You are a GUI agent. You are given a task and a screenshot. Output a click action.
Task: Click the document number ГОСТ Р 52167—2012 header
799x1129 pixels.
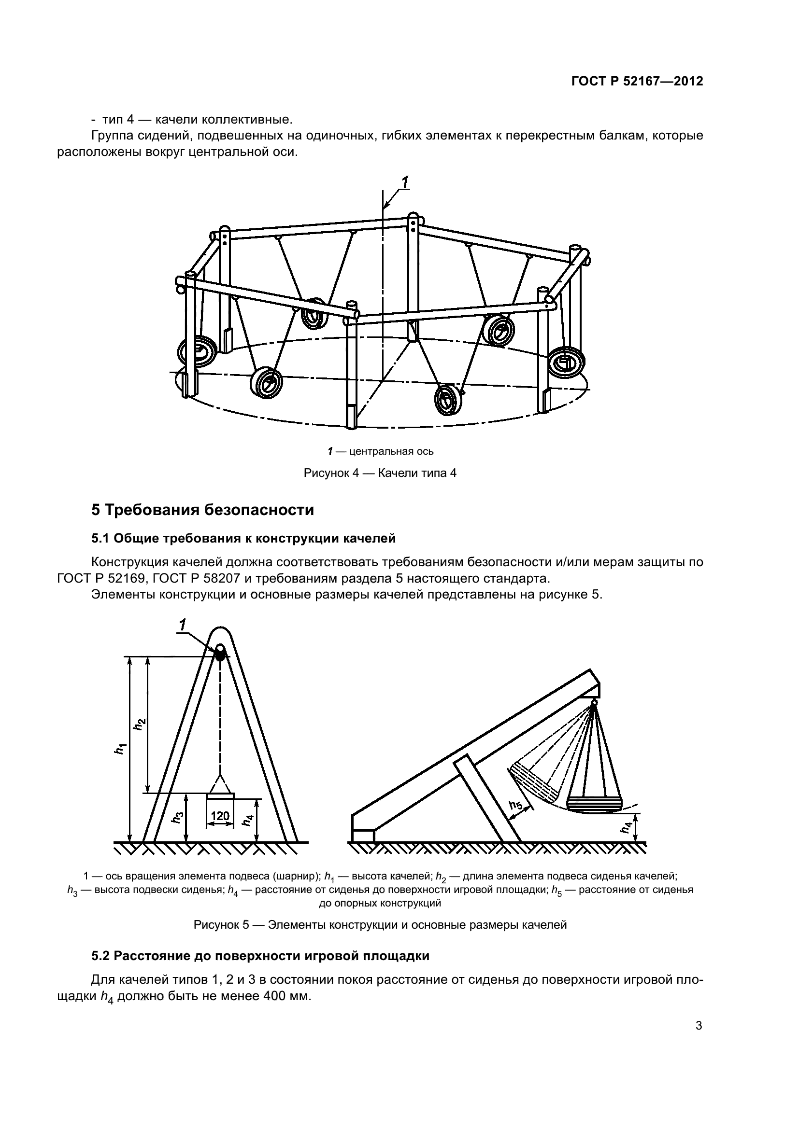coord(637,82)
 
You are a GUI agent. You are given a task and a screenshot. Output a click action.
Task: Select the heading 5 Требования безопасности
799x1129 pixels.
coord(202,510)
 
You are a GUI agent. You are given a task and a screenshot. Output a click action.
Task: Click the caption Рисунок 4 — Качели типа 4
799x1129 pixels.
coord(380,474)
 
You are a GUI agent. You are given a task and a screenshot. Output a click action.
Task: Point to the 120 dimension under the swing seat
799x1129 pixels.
coord(220,816)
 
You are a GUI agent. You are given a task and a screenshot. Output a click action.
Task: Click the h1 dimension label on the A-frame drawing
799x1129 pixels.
coord(119,750)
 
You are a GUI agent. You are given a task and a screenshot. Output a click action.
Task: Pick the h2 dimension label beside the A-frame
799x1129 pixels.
coord(140,724)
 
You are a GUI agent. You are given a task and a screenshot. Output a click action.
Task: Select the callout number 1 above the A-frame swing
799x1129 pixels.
coord(183,626)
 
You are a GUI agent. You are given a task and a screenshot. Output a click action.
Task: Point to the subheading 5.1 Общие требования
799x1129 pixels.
coord(243,539)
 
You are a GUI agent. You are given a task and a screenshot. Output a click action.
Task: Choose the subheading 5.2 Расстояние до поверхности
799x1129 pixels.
coord(260,956)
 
